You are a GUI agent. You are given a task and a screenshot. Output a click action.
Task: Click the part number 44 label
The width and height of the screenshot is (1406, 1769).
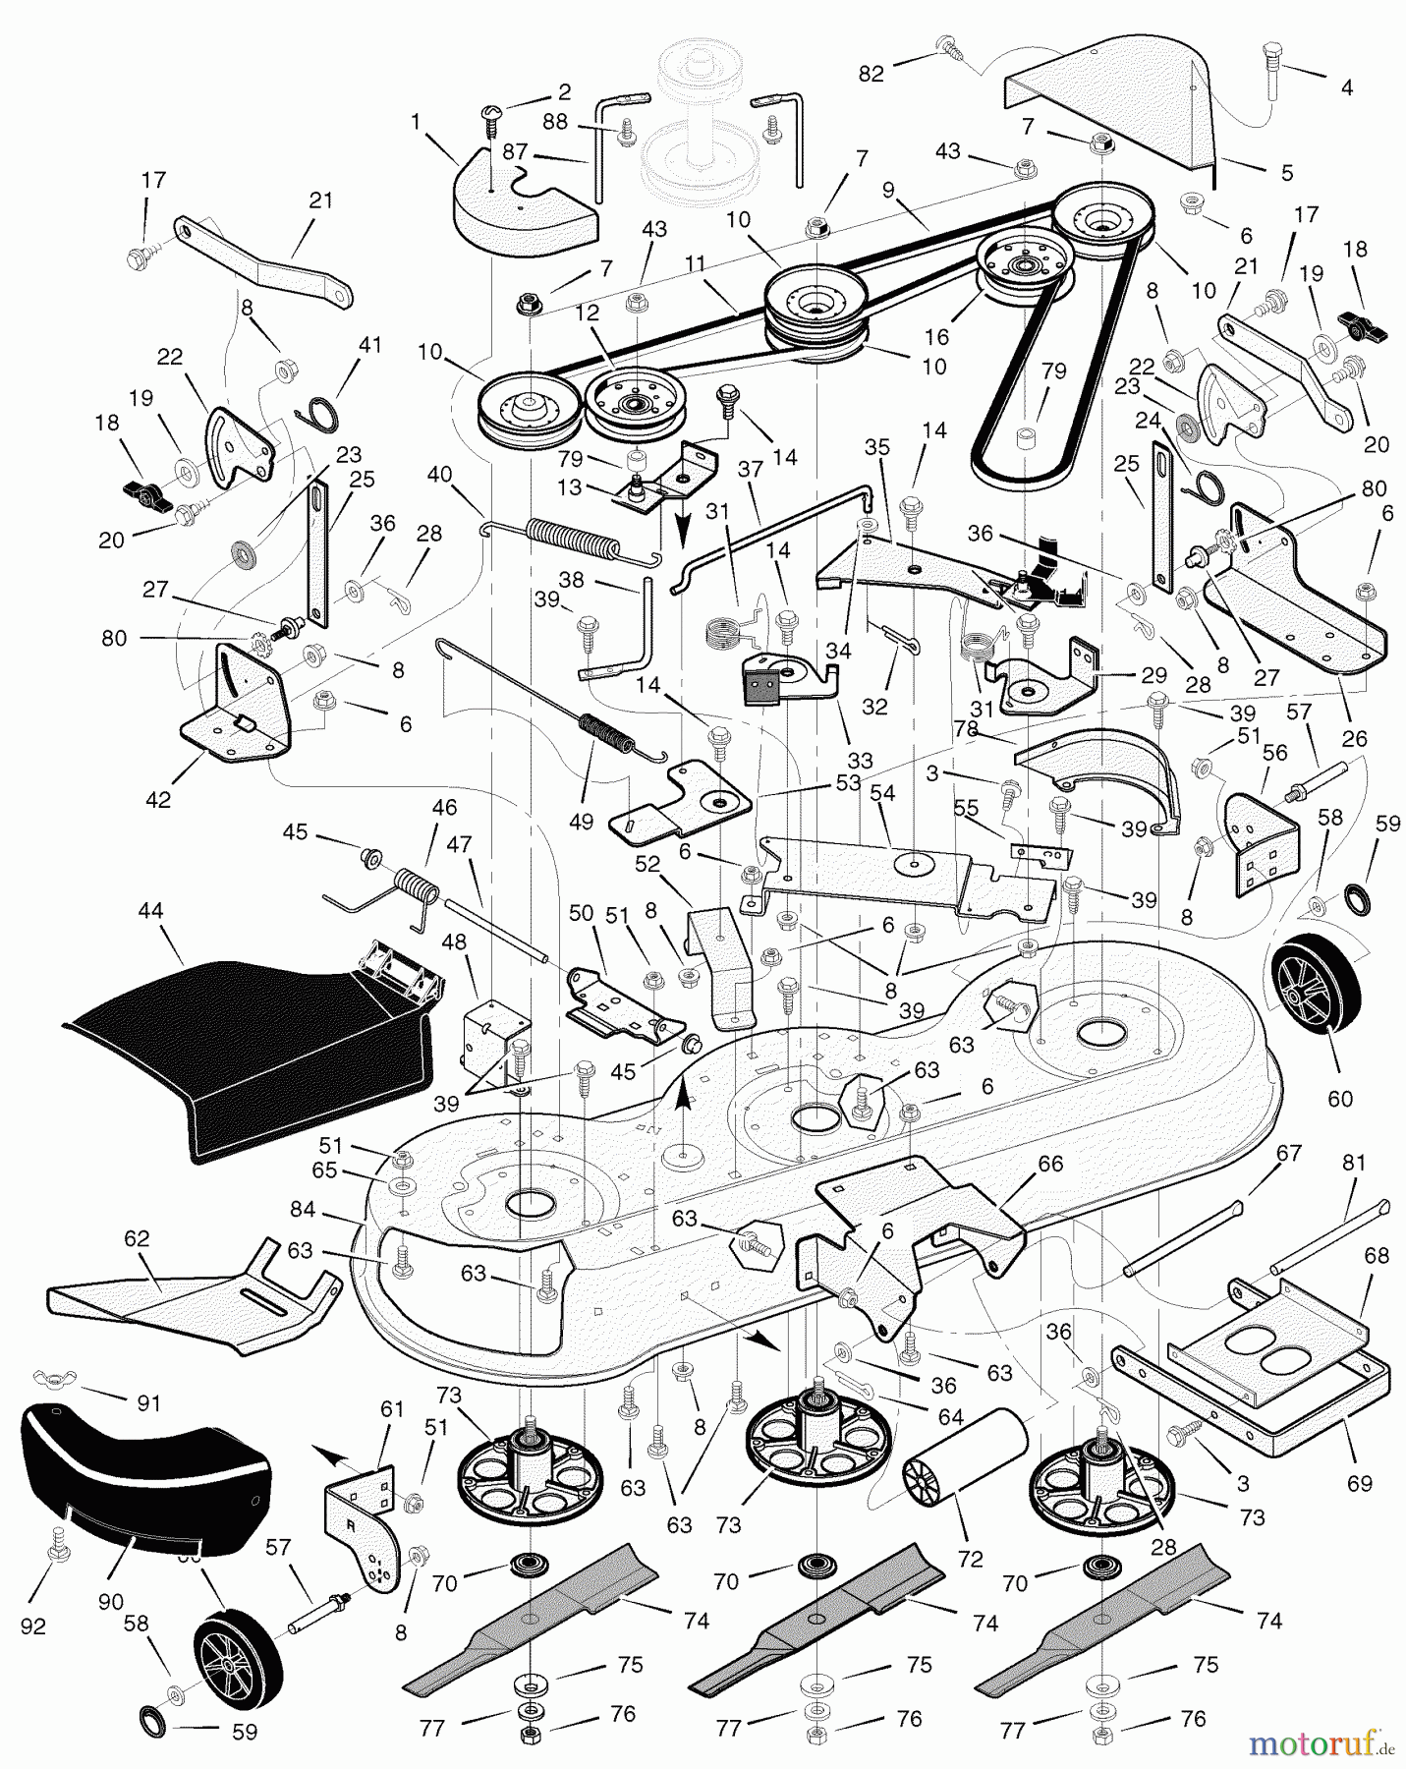149,911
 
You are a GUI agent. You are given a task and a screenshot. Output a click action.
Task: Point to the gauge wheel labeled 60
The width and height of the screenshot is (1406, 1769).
1317,992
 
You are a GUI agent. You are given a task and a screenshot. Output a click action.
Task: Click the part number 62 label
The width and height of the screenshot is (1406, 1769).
137,1240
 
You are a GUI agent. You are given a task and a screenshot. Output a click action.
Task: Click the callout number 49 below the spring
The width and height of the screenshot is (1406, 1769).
581,821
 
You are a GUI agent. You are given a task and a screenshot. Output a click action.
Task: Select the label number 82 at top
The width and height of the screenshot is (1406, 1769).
872,73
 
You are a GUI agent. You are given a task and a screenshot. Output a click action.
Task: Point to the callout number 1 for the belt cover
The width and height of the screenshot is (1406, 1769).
416,121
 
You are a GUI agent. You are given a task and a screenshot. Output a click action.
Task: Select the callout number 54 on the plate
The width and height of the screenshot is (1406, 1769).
881,793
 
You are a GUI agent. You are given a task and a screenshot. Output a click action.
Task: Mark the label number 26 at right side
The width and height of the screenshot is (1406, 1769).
1354,738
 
